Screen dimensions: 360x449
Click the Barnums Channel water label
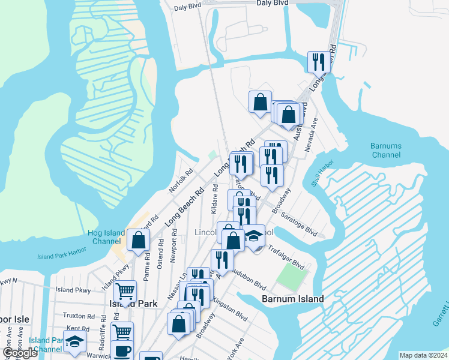coord(385,150)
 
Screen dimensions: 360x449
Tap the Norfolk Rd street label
coord(181,180)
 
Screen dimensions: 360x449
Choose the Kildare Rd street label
coord(215,199)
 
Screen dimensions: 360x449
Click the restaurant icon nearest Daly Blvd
coord(318,61)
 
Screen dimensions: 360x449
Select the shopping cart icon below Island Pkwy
coord(125,292)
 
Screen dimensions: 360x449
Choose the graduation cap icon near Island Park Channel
coord(75,341)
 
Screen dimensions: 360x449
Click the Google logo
coord(20,353)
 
